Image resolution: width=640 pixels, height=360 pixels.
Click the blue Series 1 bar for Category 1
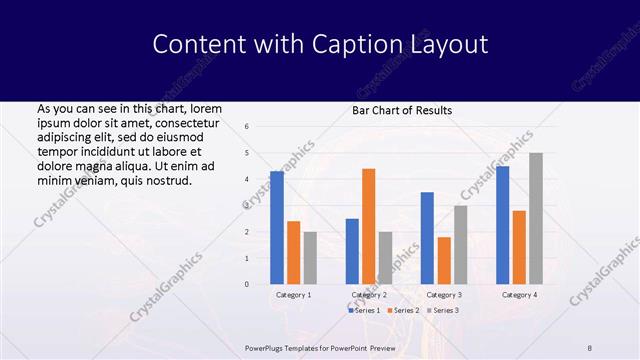coord(277,228)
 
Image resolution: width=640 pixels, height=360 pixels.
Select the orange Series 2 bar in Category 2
coord(369,226)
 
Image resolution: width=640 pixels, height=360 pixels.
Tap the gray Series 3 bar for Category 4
coord(536,218)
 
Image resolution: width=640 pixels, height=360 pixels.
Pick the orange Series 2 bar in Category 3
coord(444,260)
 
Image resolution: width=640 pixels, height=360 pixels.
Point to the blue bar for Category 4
coord(502,225)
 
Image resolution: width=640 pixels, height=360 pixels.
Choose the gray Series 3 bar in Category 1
coord(311,258)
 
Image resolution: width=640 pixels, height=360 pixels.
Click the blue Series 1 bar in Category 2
coord(352,251)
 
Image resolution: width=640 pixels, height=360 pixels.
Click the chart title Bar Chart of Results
coord(402,110)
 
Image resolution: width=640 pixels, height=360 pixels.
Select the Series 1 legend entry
coord(364,312)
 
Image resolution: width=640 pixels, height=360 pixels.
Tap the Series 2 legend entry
coord(403,312)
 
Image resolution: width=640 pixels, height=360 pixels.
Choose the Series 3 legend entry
coord(442,312)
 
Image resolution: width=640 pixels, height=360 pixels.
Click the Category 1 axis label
coord(293,295)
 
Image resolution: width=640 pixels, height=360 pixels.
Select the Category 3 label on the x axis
coord(444,295)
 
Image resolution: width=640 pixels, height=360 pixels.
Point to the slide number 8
coord(590,347)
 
